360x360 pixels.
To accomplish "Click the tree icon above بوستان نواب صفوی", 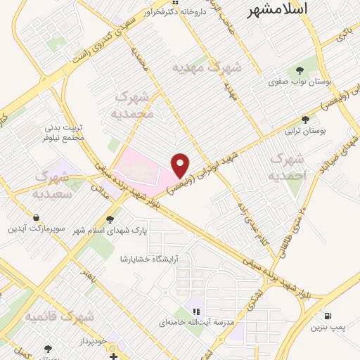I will [300, 70].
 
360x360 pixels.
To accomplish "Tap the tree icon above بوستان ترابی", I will [304, 120].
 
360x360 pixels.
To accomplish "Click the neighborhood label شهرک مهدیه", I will [207, 68].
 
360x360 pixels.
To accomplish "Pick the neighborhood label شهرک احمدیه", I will [289, 166].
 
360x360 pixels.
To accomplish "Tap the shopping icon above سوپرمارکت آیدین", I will [36, 218].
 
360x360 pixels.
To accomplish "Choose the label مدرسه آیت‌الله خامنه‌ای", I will [204, 321].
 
